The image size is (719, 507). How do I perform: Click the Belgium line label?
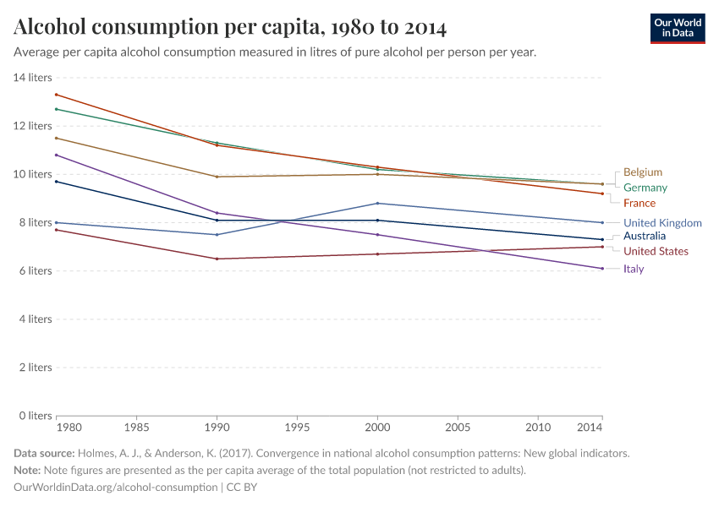642,172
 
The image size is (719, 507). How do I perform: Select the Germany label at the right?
645,188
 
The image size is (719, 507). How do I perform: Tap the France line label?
639,204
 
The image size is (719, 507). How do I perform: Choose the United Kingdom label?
662,223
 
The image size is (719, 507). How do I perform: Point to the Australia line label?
645,237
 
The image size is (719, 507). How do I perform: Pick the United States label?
656,252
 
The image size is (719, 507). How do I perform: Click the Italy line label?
634,269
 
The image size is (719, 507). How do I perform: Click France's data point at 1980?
56,94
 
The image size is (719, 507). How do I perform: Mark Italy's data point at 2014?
601,269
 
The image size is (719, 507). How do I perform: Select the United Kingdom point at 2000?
377,203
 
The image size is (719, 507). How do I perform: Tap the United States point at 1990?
217,259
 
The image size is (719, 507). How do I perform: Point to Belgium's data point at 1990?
217,177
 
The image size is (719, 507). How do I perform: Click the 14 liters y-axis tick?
33,77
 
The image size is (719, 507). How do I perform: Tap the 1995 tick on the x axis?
297,428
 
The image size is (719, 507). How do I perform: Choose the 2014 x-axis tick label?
590,428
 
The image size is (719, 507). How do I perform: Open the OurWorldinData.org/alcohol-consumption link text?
115,488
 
